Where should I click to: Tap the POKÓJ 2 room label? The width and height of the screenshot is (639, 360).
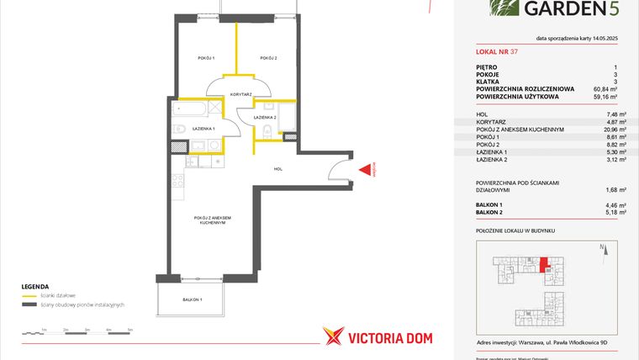point(269,58)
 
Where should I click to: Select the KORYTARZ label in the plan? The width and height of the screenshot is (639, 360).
point(241,94)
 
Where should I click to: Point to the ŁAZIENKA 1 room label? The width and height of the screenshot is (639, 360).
point(203,128)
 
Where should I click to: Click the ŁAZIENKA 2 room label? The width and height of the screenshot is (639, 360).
point(266,117)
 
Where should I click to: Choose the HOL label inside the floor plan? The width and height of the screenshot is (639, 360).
point(278,169)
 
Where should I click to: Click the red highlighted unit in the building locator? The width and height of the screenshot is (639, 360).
point(543,265)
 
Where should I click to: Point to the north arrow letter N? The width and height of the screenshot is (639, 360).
point(603,246)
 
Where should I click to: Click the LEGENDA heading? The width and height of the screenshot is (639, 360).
point(35,286)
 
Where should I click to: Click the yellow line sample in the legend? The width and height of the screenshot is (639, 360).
point(29,296)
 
